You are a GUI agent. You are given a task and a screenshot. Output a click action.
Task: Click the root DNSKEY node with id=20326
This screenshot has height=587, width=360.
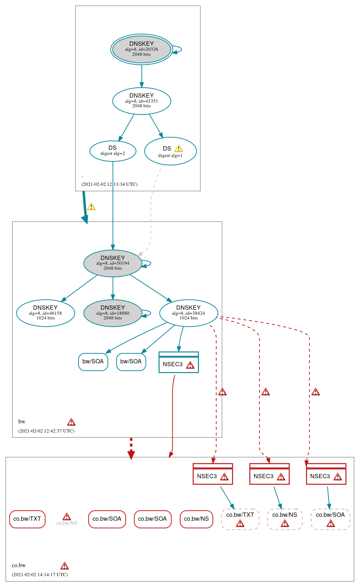141,49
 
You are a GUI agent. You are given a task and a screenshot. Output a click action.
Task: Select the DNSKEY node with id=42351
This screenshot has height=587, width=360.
141,101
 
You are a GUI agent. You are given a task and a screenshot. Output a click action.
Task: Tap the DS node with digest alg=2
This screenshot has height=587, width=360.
112,151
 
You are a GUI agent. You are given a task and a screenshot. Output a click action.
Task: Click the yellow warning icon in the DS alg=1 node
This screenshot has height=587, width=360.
178,149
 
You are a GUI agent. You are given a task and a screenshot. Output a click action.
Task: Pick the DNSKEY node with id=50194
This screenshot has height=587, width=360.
112,263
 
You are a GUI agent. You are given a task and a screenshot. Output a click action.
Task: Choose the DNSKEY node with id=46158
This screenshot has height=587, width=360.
45,313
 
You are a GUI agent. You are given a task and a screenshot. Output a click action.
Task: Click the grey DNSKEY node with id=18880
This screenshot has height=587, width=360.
112,313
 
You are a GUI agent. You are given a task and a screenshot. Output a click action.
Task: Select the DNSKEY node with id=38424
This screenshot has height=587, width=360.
188,313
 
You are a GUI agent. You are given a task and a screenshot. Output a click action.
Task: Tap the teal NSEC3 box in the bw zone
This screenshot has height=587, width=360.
178,362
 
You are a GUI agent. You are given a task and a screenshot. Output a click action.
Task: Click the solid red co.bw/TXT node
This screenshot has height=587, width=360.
27,519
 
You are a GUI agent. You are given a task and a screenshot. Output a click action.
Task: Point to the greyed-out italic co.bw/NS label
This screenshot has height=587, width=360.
67,523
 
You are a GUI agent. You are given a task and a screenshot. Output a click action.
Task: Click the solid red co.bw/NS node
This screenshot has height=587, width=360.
196,519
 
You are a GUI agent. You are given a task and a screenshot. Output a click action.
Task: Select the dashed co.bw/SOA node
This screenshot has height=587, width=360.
330,519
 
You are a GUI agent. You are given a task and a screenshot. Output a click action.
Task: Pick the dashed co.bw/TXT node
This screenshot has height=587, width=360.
240,519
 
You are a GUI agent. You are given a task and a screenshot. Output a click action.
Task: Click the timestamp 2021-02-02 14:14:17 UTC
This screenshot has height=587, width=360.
40,574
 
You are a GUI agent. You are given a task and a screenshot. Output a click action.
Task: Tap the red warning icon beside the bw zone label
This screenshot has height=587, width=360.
71,422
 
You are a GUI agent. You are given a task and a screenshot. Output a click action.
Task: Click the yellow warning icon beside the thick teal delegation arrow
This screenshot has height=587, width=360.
91,207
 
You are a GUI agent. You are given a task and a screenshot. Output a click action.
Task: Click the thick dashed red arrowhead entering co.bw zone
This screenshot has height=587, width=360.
131,454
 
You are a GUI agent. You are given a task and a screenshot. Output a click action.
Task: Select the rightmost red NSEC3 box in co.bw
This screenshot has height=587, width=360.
326,474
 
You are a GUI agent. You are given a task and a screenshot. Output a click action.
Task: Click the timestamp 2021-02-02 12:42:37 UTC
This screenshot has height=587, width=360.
46,431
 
